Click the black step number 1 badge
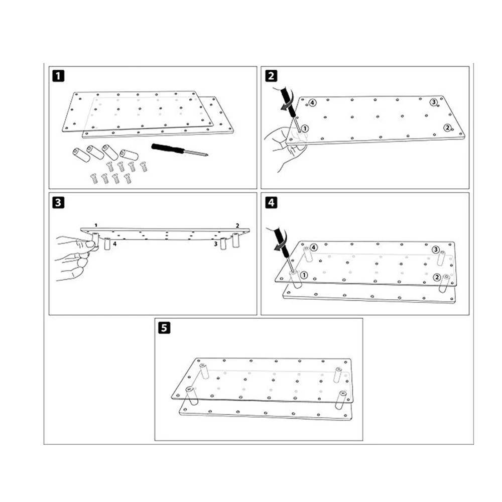(x=58, y=76)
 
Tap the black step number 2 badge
(x=271, y=76)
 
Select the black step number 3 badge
(x=58, y=203)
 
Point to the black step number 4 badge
(x=271, y=203)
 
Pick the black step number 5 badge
(x=164, y=328)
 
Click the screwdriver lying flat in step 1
(x=180, y=150)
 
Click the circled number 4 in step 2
(x=312, y=103)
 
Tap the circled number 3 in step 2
(x=434, y=102)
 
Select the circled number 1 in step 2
(x=305, y=129)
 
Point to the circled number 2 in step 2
(x=447, y=128)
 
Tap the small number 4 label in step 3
(x=114, y=244)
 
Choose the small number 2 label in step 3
(x=237, y=226)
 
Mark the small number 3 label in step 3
(x=215, y=244)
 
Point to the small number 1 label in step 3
(x=96, y=226)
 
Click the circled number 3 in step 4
(x=435, y=249)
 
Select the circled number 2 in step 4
(x=437, y=277)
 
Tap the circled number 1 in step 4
(x=304, y=275)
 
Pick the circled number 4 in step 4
(x=314, y=247)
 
